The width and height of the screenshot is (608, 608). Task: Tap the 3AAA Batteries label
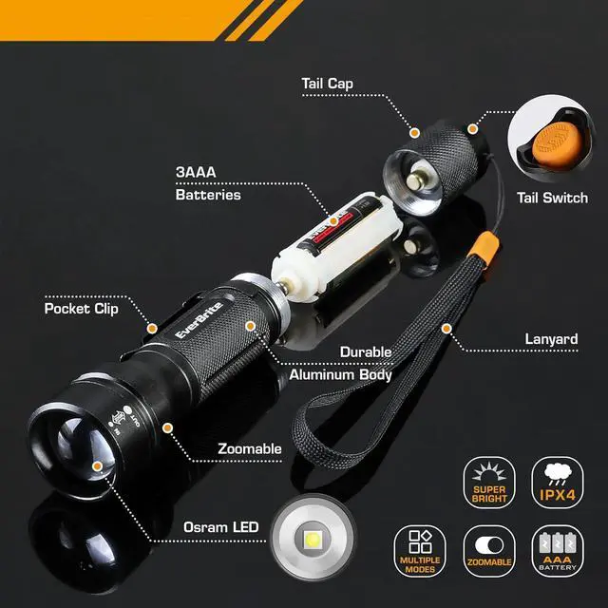coord(208,185)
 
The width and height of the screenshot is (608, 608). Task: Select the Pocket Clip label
coord(82,309)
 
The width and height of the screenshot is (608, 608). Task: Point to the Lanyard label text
coord(551,339)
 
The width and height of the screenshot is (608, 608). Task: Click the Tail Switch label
coord(552,199)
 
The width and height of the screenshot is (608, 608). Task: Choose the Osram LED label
coord(219,526)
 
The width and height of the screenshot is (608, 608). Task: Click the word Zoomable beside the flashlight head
coord(249,448)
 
